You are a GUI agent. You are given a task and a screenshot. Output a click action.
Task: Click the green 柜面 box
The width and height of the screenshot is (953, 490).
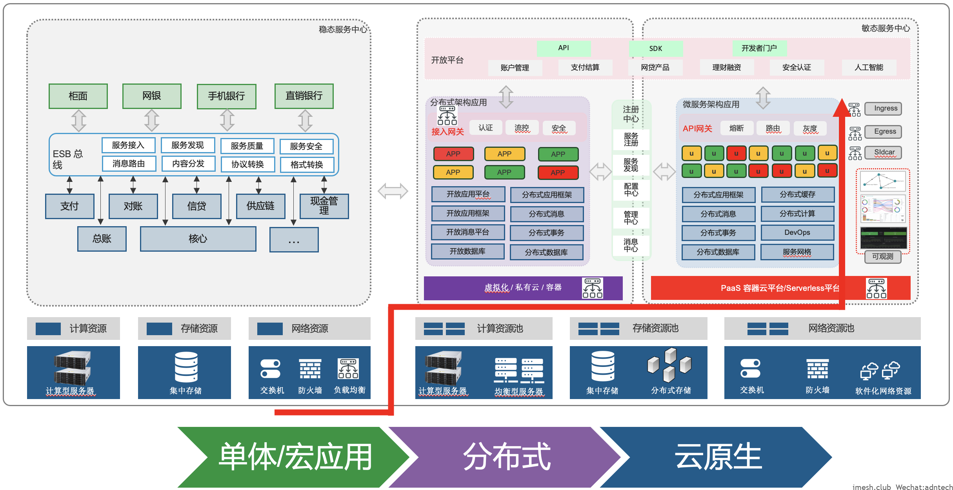point(78,96)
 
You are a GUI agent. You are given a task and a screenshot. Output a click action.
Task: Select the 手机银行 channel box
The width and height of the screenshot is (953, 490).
point(226,96)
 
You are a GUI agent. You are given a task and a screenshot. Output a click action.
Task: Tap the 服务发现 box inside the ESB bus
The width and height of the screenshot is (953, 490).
point(187,145)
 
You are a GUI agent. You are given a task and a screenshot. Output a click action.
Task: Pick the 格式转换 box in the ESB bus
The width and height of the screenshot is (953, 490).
point(307,165)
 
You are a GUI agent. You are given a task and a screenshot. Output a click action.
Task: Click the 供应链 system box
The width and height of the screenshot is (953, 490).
point(260,206)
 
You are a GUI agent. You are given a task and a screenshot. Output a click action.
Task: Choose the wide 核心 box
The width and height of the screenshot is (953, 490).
point(198,239)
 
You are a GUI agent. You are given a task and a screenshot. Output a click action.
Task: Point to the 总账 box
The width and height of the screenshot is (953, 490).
point(102,239)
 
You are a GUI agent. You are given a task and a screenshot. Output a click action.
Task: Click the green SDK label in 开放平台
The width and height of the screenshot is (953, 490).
point(655,49)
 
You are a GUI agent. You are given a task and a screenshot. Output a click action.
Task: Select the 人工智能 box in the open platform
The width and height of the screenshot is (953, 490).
point(869,67)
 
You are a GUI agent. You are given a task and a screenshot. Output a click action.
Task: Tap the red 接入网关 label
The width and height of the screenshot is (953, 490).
point(447,132)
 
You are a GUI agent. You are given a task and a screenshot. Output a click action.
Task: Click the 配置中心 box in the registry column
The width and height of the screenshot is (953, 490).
point(631,190)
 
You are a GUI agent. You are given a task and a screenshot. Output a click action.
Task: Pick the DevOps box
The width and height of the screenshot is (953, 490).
point(797,232)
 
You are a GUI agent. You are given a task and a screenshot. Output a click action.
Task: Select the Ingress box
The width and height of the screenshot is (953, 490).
point(886,109)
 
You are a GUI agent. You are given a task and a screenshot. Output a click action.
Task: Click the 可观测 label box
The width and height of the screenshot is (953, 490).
point(882,256)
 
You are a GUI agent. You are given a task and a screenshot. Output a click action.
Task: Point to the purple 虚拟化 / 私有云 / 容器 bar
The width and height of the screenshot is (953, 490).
point(523,288)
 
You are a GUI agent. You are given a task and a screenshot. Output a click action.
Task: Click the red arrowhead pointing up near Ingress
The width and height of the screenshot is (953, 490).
point(842,108)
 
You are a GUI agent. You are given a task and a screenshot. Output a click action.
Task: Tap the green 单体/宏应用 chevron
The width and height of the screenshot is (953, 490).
point(294,457)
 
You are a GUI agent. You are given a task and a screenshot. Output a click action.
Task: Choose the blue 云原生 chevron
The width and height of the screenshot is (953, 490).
point(718,457)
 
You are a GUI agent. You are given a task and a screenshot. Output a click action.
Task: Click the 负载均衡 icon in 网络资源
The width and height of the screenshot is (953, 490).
point(348,369)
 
